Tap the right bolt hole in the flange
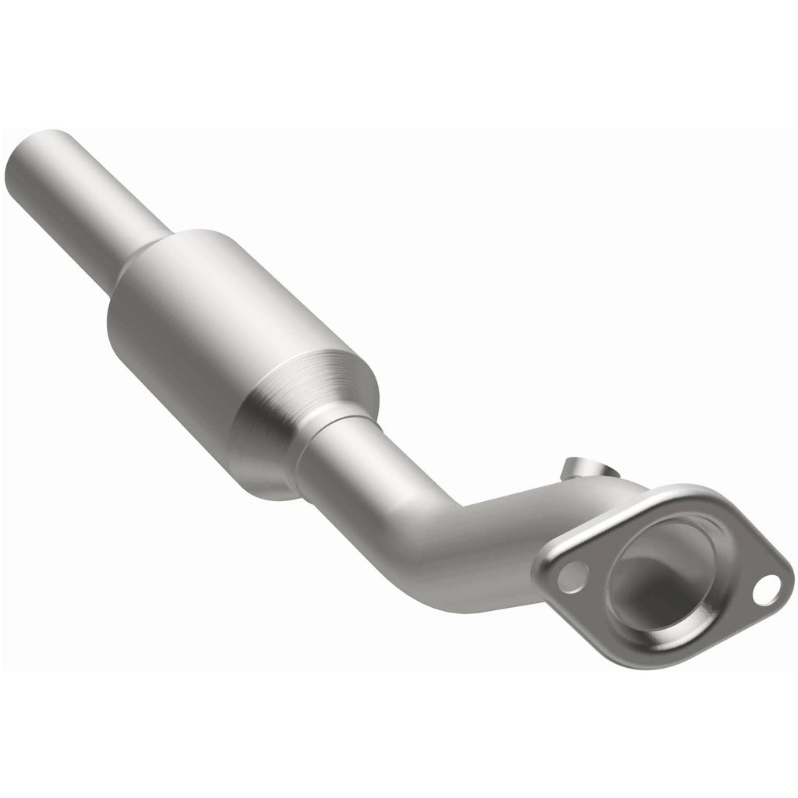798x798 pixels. point(767,589)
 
